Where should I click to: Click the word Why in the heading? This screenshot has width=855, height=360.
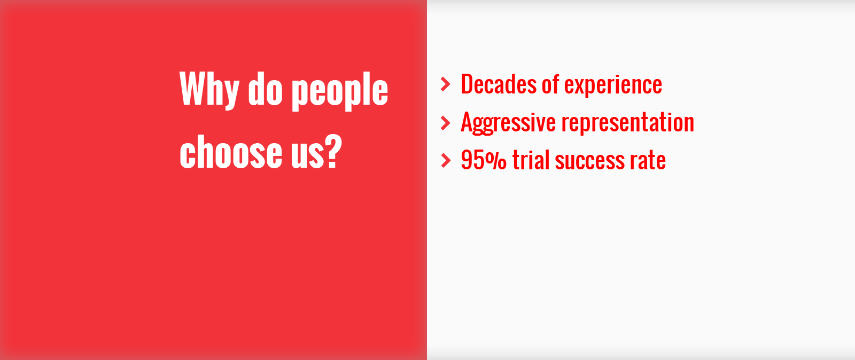(x=209, y=91)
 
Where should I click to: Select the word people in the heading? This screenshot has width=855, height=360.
(x=340, y=91)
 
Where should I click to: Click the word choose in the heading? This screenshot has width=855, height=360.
(x=230, y=151)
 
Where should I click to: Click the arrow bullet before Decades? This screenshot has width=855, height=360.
(x=446, y=84)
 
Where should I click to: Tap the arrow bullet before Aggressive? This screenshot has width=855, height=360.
(x=446, y=123)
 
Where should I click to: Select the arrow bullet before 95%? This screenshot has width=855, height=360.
(x=446, y=161)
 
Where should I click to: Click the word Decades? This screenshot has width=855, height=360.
(x=499, y=84)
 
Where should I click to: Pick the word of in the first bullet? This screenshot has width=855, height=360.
(x=550, y=84)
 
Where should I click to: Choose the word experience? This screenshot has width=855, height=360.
(x=613, y=86)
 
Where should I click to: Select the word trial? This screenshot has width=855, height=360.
(x=531, y=160)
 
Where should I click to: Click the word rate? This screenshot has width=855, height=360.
(x=648, y=161)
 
